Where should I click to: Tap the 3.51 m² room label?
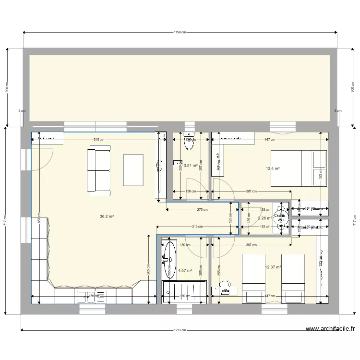point(191,166)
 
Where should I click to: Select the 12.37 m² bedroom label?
point(273,267)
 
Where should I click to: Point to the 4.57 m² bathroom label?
point(185,270)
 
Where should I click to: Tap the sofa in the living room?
point(98,171)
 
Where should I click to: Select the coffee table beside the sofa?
point(133,169)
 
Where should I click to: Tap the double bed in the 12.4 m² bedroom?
point(299,168)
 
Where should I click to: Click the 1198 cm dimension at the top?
point(180,33)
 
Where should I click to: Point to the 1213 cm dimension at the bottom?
point(180,330)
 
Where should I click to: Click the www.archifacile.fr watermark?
point(330,329)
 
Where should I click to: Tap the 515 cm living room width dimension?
point(99,140)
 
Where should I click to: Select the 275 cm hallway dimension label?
point(202,210)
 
